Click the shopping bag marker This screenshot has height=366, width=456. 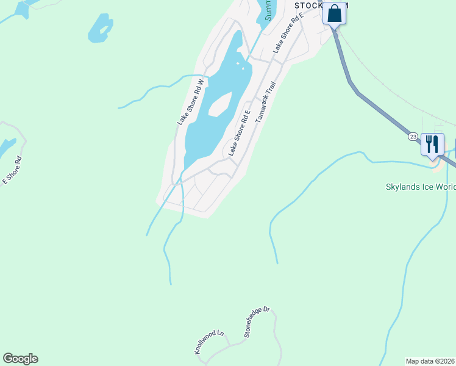click(x=334, y=13)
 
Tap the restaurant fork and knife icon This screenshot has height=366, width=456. click(x=432, y=145)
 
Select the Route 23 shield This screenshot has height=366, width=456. click(x=413, y=137)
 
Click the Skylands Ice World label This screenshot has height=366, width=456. click(x=421, y=187)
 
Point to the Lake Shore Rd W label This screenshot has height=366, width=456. click(x=190, y=102)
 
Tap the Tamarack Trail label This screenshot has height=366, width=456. click(x=266, y=102)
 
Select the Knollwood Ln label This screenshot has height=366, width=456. click(x=209, y=342)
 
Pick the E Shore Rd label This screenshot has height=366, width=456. click(x=12, y=170)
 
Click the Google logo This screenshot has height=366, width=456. click(x=20, y=359)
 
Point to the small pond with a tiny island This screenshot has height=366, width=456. click(x=100, y=28)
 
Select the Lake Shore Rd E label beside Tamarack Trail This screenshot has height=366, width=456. click(x=240, y=133)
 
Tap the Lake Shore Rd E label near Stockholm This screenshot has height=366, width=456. click(x=288, y=35)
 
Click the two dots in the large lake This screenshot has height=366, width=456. click(x=244, y=68)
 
